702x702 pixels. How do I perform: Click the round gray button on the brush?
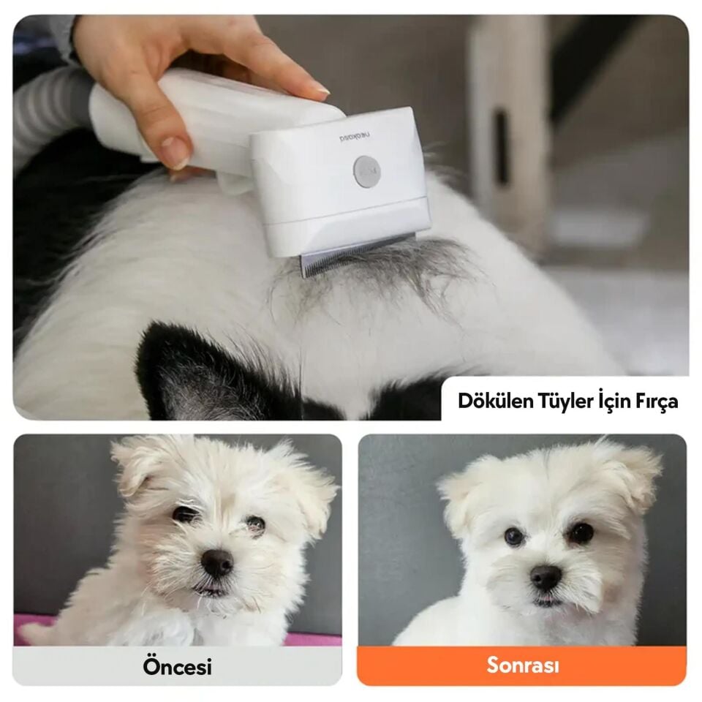[x=366, y=171]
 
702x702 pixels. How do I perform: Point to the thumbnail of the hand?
[x=175, y=152]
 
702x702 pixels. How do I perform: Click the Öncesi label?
[x=177, y=666]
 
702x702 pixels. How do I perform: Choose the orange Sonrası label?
[x=522, y=665]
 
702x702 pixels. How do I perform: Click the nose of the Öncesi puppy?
[x=217, y=563]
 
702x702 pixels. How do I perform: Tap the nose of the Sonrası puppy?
[x=546, y=578]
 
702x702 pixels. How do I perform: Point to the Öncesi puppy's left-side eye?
[x=184, y=515]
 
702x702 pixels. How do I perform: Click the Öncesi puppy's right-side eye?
[x=255, y=524]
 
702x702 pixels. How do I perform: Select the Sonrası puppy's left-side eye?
[x=514, y=537]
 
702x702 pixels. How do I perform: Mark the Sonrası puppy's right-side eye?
[x=581, y=533]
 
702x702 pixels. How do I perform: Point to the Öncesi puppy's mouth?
[x=212, y=589]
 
